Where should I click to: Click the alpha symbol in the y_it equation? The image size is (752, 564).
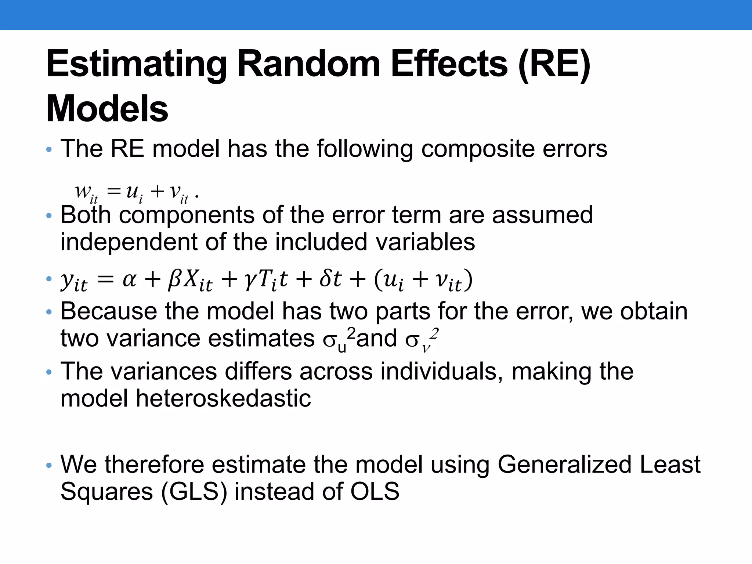click(129, 280)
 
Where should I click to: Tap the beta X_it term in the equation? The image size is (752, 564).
click(190, 281)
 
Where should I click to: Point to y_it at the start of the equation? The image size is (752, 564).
click(74, 282)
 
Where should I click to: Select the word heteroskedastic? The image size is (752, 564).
click(223, 399)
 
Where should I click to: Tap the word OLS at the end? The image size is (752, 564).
click(375, 491)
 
